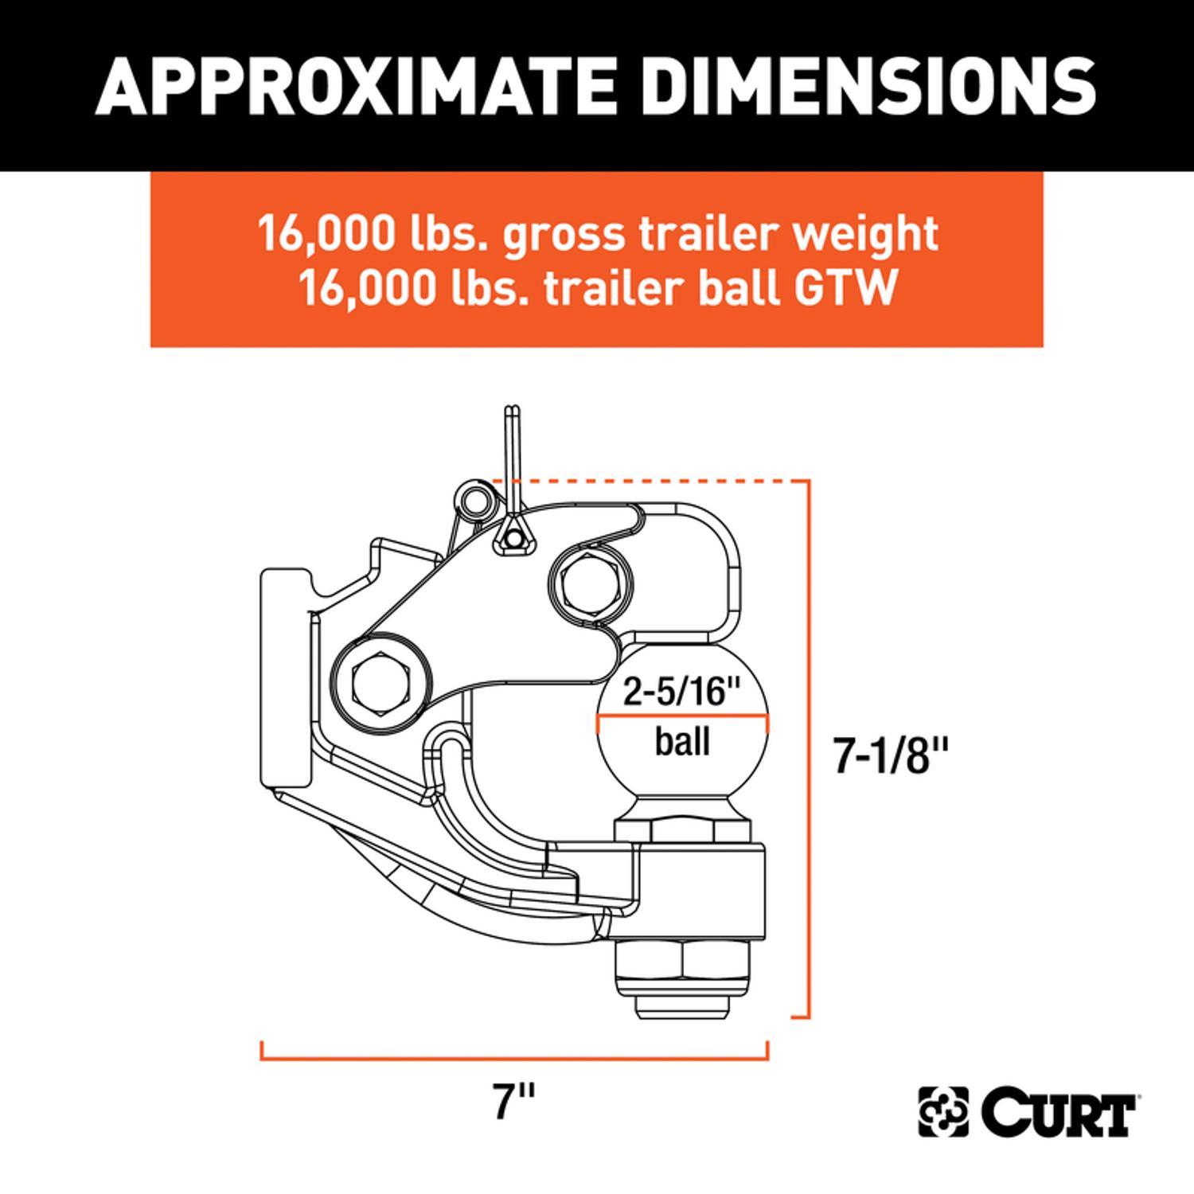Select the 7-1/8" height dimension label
(x=892, y=756)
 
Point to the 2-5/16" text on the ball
(x=682, y=691)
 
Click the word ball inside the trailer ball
(x=682, y=742)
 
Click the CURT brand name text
(x=1059, y=1112)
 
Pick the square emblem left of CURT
(x=945, y=1112)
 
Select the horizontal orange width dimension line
(x=513, y=1059)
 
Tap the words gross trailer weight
(x=720, y=233)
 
